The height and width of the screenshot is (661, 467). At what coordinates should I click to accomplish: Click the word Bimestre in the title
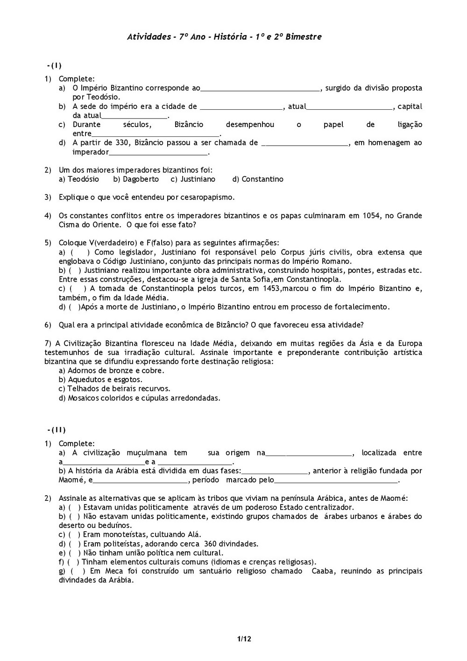coord(304,37)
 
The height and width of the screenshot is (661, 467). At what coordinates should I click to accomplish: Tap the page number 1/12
coord(244,639)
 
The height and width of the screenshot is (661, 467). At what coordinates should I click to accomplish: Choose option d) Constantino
coord(257,179)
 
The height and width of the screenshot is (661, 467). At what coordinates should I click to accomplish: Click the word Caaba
coord(323,571)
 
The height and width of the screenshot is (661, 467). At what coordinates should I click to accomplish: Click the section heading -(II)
coord(57,430)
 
